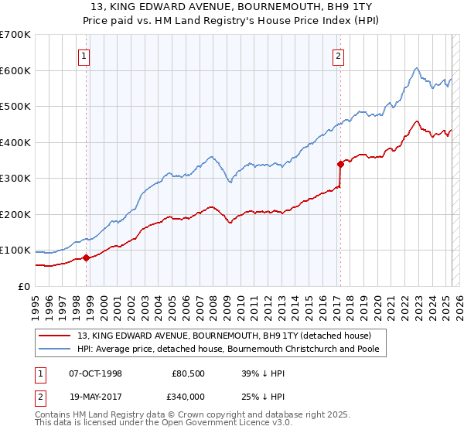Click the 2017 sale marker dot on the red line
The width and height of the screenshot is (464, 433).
tap(339, 163)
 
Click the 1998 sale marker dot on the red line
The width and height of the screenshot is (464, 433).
tap(86, 257)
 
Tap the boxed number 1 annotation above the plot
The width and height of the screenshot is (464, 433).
tap(84, 55)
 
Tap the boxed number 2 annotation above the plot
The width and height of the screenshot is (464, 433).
tap(339, 55)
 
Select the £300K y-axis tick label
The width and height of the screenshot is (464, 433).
tap(16, 178)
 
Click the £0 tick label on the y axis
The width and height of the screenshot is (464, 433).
tap(24, 286)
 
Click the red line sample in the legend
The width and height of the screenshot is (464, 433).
tap(54, 336)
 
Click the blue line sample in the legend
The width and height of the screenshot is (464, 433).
tap(54, 349)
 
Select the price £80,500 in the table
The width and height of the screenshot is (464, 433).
tap(189, 373)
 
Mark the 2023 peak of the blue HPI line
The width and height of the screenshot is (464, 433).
tap(416, 68)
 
